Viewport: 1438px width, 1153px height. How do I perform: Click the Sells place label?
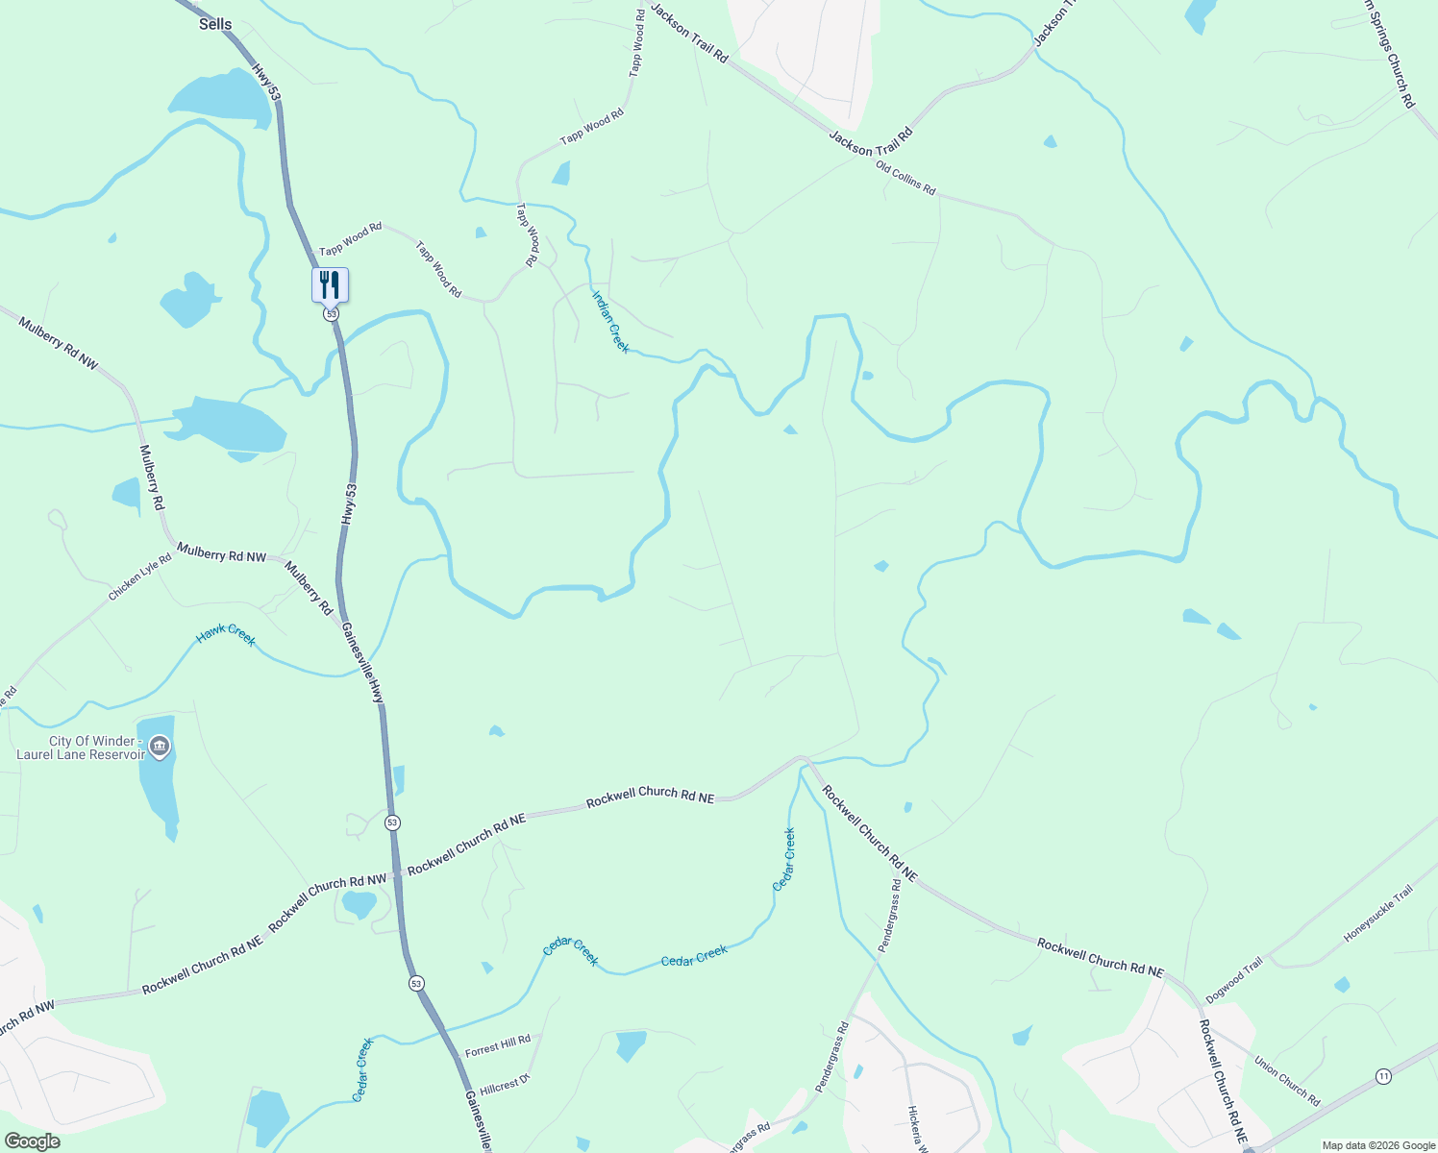point(215,24)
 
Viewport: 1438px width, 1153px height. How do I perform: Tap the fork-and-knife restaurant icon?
point(330,284)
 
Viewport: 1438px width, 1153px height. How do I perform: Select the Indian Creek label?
point(610,322)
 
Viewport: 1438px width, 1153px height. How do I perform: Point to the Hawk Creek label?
point(227,634)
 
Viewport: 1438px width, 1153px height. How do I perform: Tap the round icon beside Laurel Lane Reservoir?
point(161,746)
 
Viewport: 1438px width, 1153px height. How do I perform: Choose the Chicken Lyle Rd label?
point(139,576)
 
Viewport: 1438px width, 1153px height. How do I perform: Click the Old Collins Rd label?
point(905,179)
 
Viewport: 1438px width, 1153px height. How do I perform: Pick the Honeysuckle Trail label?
point(1378,914)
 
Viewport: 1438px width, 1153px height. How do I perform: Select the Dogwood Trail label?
point(1234,981)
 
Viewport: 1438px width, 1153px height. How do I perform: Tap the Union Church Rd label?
point(1287,1081)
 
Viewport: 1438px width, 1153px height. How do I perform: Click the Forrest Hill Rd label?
point(498,1046)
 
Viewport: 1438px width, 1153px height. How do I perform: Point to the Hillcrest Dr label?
point(505,1084)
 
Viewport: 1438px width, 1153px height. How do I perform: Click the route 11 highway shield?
point(1383,1075)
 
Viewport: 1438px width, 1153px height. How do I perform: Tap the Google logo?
point(32,1141)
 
